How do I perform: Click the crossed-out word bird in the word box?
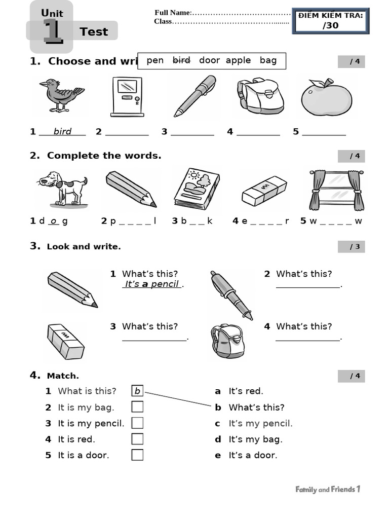tap(181, 60)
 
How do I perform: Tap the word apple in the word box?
tap(238, 60)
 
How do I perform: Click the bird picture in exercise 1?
tap(61, 95)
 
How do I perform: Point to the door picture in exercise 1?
tap(127, 96)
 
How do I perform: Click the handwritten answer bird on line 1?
tap(62, 132)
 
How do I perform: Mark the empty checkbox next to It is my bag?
tap(137, 406)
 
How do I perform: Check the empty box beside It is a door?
tap(137, 455)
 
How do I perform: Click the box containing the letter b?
tap(137, 391)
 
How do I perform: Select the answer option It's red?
tap(246, 391)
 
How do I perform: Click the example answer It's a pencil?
tap(152, 284)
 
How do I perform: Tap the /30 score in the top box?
tap(330, 25)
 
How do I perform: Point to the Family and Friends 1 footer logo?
tap(328, 489)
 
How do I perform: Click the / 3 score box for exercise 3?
tap(352, 247)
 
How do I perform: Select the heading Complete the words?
tap(104, 156)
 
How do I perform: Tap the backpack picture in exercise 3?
tap(227, 340)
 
